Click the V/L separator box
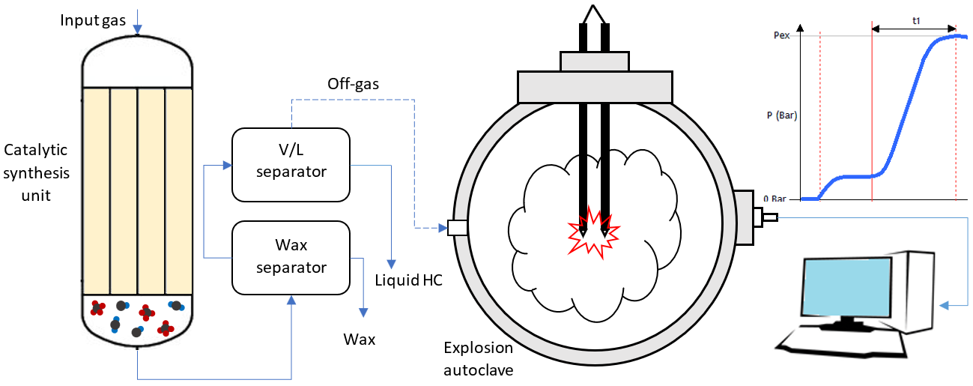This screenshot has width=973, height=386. pyautogui.click(x=291, y=165)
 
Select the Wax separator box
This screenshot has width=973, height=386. pyautogui.click(x=291, y=257)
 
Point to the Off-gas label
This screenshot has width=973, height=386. pyautogui.click(x=353, y=84)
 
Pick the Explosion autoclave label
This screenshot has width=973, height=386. pyautogui.click(x=479, y=358)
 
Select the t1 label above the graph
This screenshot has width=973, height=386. pyautogui.click(x=916, y=21)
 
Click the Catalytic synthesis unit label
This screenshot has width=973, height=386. pyautogui.click(x=37, y=173)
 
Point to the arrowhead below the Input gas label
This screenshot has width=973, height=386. pyautogui.click(x=137, y=31)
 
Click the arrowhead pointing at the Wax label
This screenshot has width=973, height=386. pyautogui.click(x=363, y=314)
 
